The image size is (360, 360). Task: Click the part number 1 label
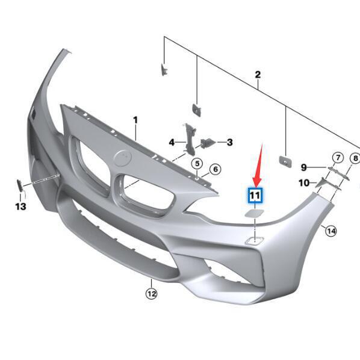coord(135,120)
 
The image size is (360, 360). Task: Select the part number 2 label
coord(258,75)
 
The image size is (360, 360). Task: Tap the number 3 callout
coord(229,143)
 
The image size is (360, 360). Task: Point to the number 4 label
coord(172,143)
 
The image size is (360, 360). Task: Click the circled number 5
coord(197,164)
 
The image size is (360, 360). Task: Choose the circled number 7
coord(338,158)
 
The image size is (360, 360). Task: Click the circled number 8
coord(355,158)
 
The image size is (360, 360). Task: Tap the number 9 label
coord(304,167)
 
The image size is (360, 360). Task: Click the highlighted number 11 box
coord(255,195)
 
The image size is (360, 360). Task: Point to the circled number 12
coord(151,294)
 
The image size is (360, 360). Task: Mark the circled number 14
coord(331,230)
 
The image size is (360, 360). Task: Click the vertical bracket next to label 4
coord(188,138)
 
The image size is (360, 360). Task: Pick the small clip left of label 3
coord(206,143)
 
